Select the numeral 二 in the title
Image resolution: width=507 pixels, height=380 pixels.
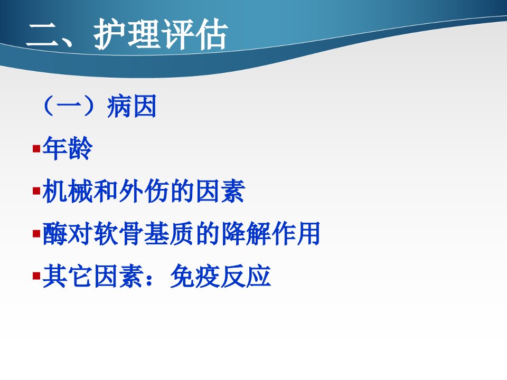click(x=43, y=35)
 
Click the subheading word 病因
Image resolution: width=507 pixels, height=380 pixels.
click(x=132, y=106)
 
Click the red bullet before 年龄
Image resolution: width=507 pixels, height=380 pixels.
click(x=36, y=149)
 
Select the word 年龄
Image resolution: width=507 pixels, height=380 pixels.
click(x=67, y=148)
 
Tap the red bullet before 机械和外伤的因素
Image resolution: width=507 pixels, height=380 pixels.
click(x=36, y=191)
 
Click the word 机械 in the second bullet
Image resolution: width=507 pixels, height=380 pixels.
click(x=68, y=191)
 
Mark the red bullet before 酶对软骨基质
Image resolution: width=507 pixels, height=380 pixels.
click(x=36, y=233)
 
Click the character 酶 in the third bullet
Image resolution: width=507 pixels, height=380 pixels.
click(x=55, y=233)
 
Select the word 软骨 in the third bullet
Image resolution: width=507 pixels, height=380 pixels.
click(x=118, y=233)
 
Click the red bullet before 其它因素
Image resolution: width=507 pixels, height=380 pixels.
click(x=36, y=276)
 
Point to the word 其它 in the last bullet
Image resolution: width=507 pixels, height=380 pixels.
click(x=67, y=276)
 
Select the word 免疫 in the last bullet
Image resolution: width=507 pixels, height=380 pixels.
click(x=195, y=276)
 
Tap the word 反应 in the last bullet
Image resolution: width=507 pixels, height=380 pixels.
click(x=246, y=276)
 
